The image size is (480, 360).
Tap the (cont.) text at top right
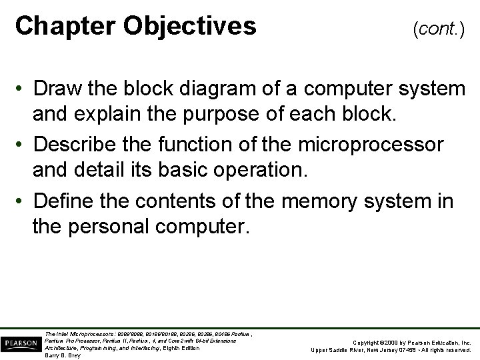pos(439,29)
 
